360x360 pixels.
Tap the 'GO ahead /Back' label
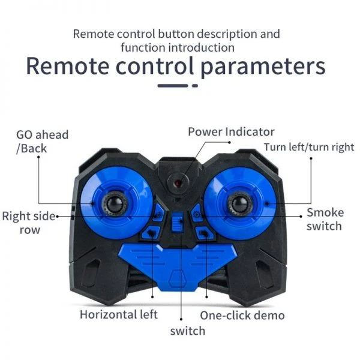[42, 141]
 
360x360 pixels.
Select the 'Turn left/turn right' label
[309, 147]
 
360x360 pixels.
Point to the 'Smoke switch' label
[324, 219]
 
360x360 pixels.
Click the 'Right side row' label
[28, 223]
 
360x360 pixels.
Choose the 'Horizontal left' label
[119, 314]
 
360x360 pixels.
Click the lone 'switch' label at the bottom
[187, 331]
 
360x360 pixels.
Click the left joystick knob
[113, 204]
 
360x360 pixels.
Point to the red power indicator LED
[178, 181]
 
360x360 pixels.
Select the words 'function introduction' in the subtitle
[177, 47]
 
